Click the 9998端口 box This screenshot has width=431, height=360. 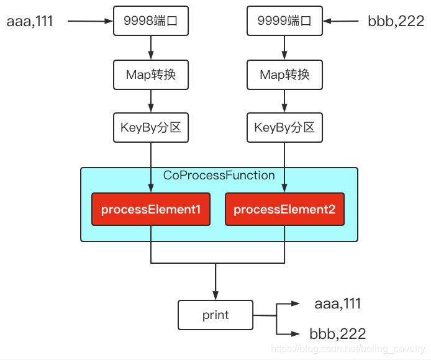tap(151, 22)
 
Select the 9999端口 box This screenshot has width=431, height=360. tap(284, 22)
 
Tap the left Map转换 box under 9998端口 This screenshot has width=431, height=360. tap(151, 74)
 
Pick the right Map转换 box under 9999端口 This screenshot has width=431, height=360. tap(284, 74)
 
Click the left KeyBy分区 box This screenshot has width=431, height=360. tap(151, 128)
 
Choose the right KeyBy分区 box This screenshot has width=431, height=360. tap(284, 128)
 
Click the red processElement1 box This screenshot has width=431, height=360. tap(151, 209)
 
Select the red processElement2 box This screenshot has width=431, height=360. tap(284, 209)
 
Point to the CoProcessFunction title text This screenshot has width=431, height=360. tap(219, 176)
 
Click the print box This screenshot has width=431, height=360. tap(215, 315)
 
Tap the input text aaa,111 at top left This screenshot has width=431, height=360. tap(30, 22)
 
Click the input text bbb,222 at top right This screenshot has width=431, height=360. tap(396, 22)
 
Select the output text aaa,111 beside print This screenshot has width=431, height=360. tap(338, 303)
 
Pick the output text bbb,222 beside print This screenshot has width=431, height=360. tap(338, 333)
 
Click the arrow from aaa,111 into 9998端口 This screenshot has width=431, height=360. tap(90, 22)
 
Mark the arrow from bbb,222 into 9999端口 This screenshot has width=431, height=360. tap(342, 22)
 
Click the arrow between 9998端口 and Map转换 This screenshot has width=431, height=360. tap(151, 48)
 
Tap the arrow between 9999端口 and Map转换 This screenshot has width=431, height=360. tap(284, 48)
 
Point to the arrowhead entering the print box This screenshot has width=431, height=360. tap(215, 294)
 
